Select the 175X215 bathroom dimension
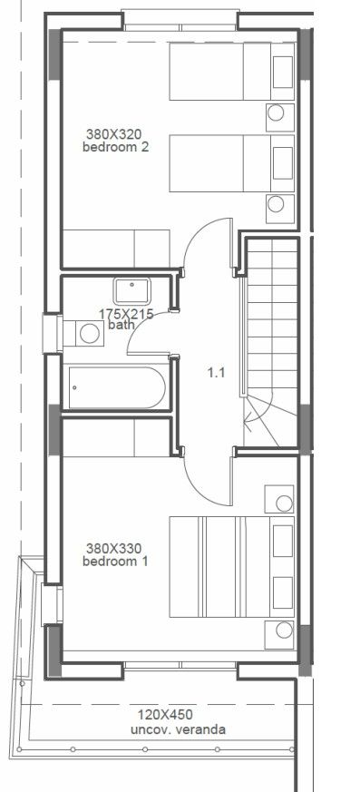pos(126,313)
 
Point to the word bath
pos(120,324)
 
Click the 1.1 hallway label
pos(216,371)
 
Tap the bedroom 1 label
pos(115,562)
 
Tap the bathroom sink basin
pos(132,291)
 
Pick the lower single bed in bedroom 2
pos(231,163)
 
